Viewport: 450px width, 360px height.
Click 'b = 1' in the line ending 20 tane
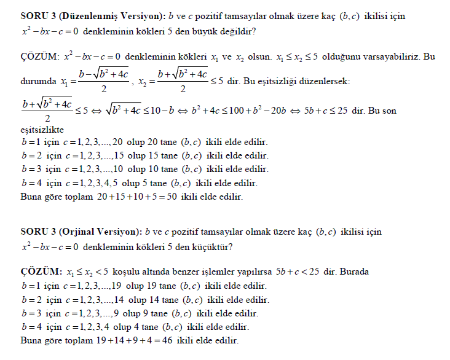point(32,141)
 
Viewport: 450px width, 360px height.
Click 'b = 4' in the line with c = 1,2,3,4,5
point(32,183)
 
